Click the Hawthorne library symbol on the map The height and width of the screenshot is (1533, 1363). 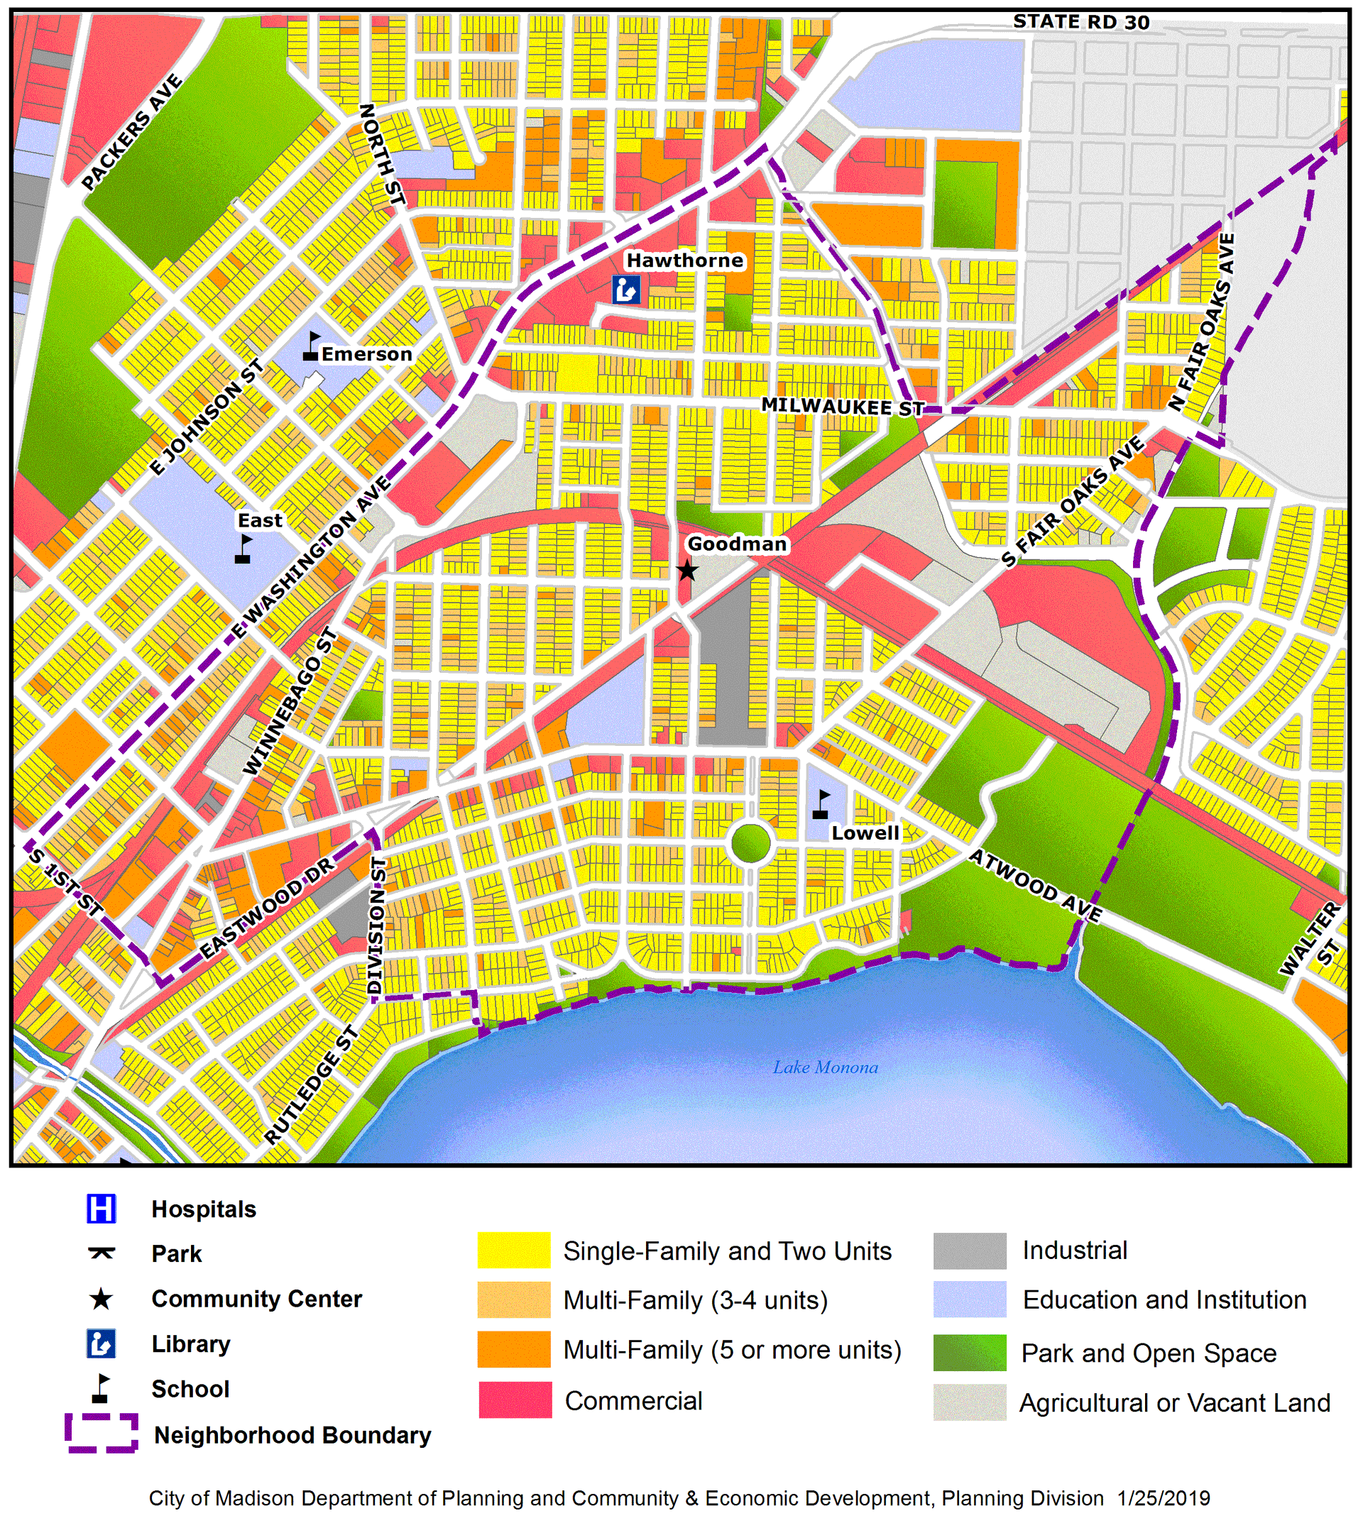click(x=626, y=290)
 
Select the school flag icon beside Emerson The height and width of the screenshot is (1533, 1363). click(x=312, y=347)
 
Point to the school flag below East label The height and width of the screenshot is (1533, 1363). click(x=243, y=549)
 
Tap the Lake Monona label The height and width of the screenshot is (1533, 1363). click(x=825, y=1067)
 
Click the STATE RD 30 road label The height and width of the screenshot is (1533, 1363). click(x=1081, y=22)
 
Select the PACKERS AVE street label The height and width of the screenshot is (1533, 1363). click(x=132, y=132)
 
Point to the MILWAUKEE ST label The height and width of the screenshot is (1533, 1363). click(x=843, y=407)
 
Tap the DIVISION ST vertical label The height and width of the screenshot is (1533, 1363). click(x=378, y=927)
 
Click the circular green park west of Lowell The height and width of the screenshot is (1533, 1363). click(x=750, y=843)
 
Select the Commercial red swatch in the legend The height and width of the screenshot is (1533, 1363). click(x=515, y=1400)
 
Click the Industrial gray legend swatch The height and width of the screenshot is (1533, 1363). click(x=969, y=1251)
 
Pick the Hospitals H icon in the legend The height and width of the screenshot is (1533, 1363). click(x=102, y=1209)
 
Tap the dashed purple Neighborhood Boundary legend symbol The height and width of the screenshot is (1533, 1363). click(x=102, y=1433)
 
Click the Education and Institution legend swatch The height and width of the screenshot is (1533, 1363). click(x=969, y=1299)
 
